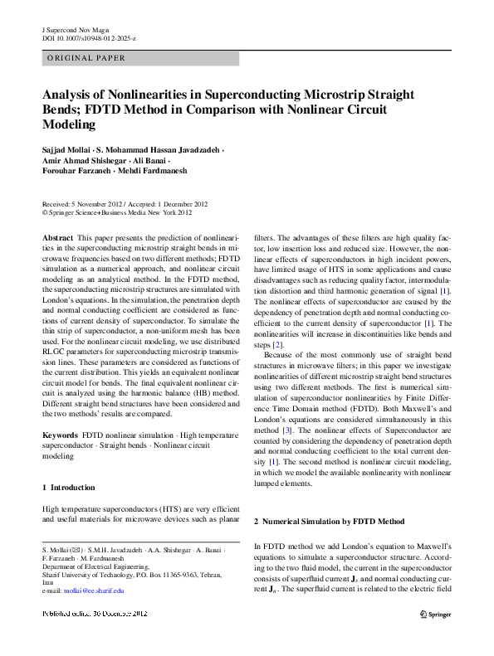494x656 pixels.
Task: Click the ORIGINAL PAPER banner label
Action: [86, 59]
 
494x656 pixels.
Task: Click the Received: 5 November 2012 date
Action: [89, 204]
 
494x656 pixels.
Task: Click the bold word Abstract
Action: [57, 237]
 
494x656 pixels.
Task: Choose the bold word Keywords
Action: [59, 435]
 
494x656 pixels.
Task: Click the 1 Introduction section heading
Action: [68, 488]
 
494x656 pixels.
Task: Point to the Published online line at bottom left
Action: [95, 613]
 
